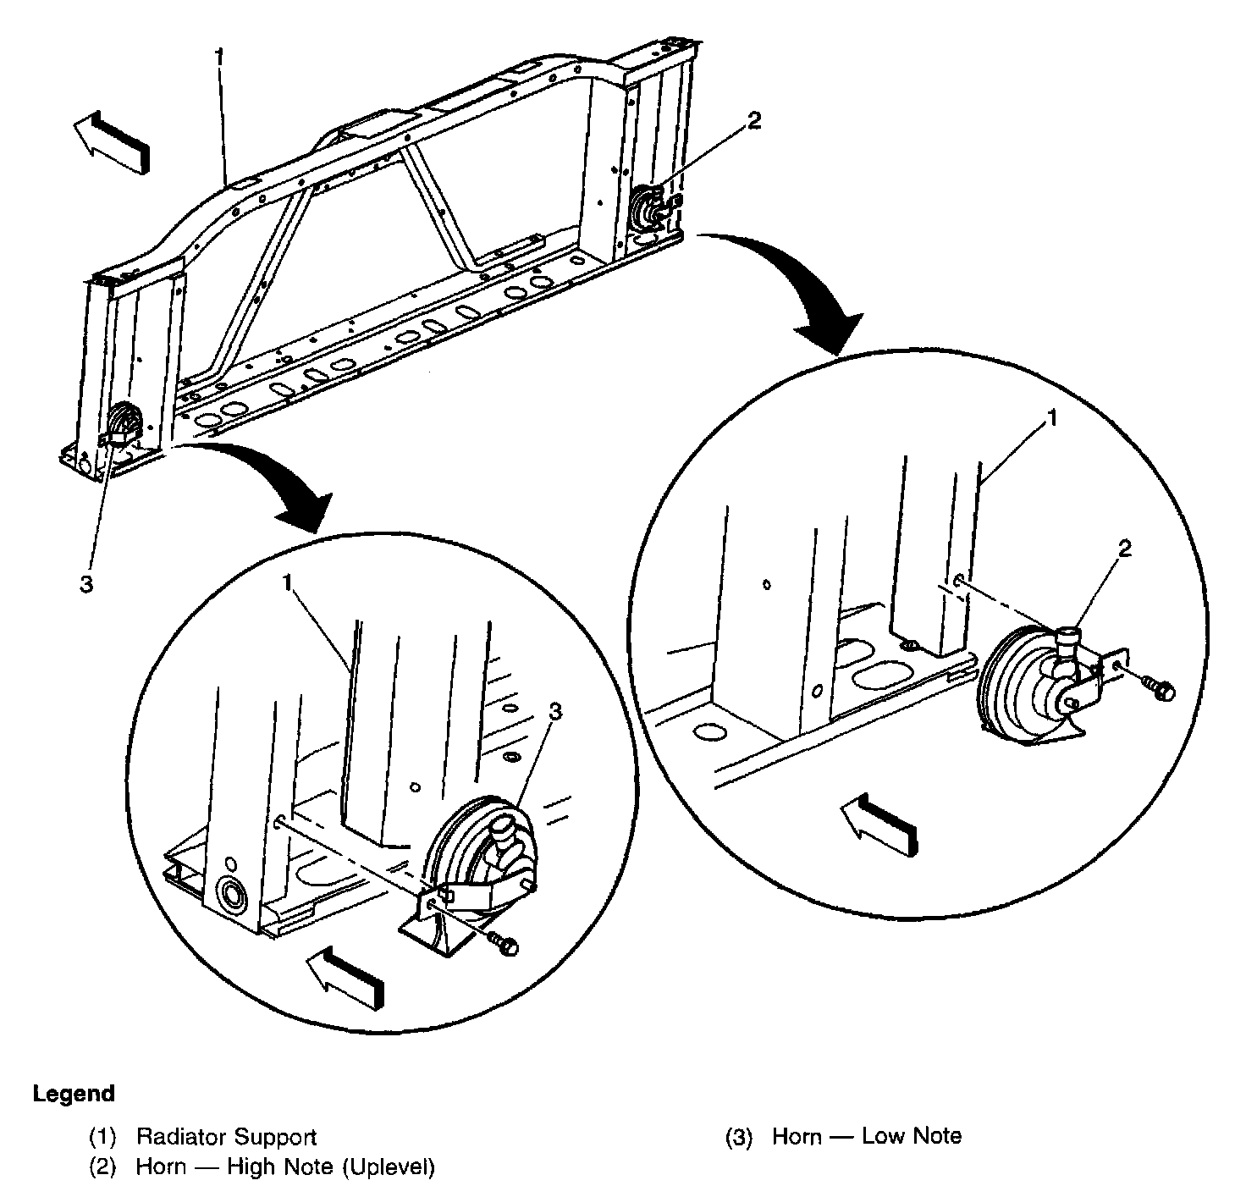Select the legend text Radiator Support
pyautogui.click(x=226, y=1136)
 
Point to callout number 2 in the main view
pyautogui.click(x=753, y=121)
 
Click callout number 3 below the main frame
pyautogui.click(x=86, y=584)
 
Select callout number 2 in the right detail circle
pyautogui.click(x=1124, y=549)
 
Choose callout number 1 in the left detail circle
pyautogui.click(x=288, y=583)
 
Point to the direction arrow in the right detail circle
pyautogui.click(x=878, y=823)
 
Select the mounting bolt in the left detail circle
pyautogui.click(x=504, y=944)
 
